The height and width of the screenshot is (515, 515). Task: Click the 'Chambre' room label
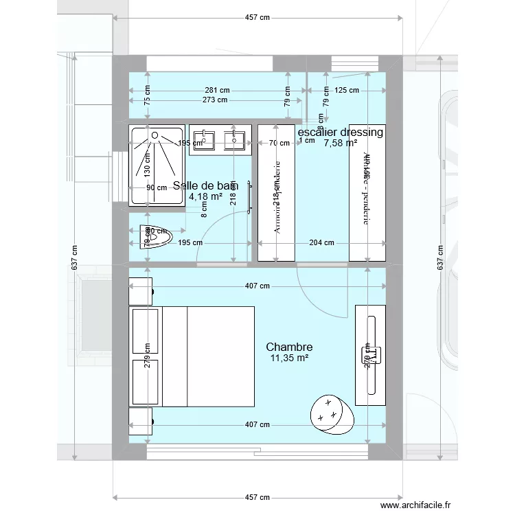289,347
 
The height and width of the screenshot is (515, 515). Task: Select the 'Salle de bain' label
206,185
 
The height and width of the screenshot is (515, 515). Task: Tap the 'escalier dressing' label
340,132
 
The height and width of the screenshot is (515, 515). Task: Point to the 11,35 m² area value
289,358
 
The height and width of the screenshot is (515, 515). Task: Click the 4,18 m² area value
206,196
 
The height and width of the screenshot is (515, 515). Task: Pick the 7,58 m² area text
341,143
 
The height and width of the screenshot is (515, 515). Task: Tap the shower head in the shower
154,135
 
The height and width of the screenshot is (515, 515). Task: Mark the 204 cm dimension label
321,242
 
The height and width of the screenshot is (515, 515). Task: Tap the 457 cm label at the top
255,18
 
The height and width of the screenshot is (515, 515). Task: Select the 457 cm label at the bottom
255,497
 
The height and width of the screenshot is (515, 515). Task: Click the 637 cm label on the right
440,257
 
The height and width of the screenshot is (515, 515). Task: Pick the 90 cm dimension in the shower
157,187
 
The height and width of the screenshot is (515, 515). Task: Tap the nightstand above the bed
140,289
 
